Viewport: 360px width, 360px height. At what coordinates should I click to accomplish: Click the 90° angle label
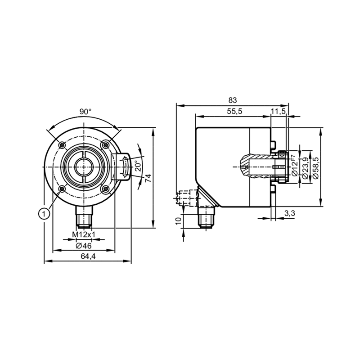(x=85, y=112)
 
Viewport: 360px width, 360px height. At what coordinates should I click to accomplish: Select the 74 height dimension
(x=148, y=178)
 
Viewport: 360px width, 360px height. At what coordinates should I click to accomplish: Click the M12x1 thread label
(x=84, y=234)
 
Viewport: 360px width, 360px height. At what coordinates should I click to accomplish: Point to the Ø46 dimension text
(x=84, y=246)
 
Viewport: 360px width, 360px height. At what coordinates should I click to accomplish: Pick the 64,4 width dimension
(x=88, y=256)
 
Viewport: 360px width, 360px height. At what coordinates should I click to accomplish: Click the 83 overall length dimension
(x=232, y=100)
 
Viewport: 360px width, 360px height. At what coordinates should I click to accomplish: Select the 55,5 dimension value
(x=234, y=112)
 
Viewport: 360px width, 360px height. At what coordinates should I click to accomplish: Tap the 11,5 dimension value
(x=278, y=112)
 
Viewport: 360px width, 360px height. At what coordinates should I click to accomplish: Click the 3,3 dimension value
(x=289, y=213)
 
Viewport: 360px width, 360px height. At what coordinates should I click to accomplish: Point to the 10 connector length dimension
(x=178, y=221)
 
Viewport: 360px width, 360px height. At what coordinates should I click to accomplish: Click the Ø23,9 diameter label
(x=305, y=168)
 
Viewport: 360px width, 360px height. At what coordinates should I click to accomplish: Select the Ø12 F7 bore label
(x=294, y=166)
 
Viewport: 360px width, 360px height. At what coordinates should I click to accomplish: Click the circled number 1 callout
(x=44, y=214)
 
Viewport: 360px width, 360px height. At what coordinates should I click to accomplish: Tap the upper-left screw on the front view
(x=62, y=145)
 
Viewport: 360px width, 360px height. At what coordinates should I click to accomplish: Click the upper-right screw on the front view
(x=105, y=145)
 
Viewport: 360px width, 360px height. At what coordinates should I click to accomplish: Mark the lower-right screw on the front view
(x=105, y=189)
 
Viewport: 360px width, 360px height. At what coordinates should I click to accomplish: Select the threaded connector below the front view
(x=84, y=216)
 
